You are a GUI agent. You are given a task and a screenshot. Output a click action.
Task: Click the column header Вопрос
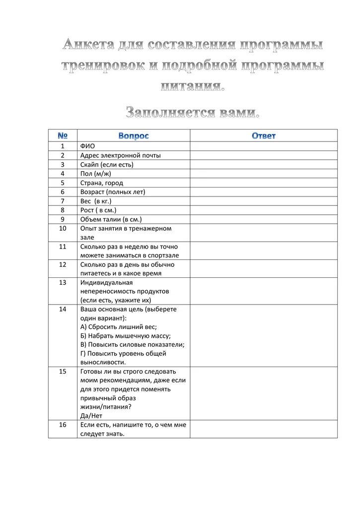tap(134, 135)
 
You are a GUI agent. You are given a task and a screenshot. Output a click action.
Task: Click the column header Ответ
tap(264, 135)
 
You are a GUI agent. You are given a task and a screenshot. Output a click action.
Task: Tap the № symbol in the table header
tap(63, 135)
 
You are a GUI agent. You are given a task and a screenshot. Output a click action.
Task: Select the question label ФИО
tap(87, 146)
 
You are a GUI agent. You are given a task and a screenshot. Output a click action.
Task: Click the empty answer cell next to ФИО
tap(264, 146)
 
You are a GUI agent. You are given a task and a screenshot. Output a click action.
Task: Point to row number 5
tap(63, 183)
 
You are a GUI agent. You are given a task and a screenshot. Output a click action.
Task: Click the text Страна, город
tap(101, 183)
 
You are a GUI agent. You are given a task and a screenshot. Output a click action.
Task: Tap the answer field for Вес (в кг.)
tap(264, 201)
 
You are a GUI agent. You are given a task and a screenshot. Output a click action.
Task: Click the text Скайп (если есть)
tap(107, 164)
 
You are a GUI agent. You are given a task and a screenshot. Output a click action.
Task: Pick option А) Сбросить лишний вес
tap(118, 327)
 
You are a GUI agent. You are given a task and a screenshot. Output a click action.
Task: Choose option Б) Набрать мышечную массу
tap(125, 336)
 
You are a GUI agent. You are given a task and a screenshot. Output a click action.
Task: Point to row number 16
tap(63, 425)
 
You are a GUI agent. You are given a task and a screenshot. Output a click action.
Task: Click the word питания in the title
tap(193, 86)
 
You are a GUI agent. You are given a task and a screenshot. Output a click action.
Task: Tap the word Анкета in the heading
tap(88, 46)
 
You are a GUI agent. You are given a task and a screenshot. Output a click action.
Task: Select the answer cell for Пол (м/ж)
tap(264, 174)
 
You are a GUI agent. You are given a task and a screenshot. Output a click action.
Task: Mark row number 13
tap(63, 282)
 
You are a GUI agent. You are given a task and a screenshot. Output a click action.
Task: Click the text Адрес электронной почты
tap(120, 155)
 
